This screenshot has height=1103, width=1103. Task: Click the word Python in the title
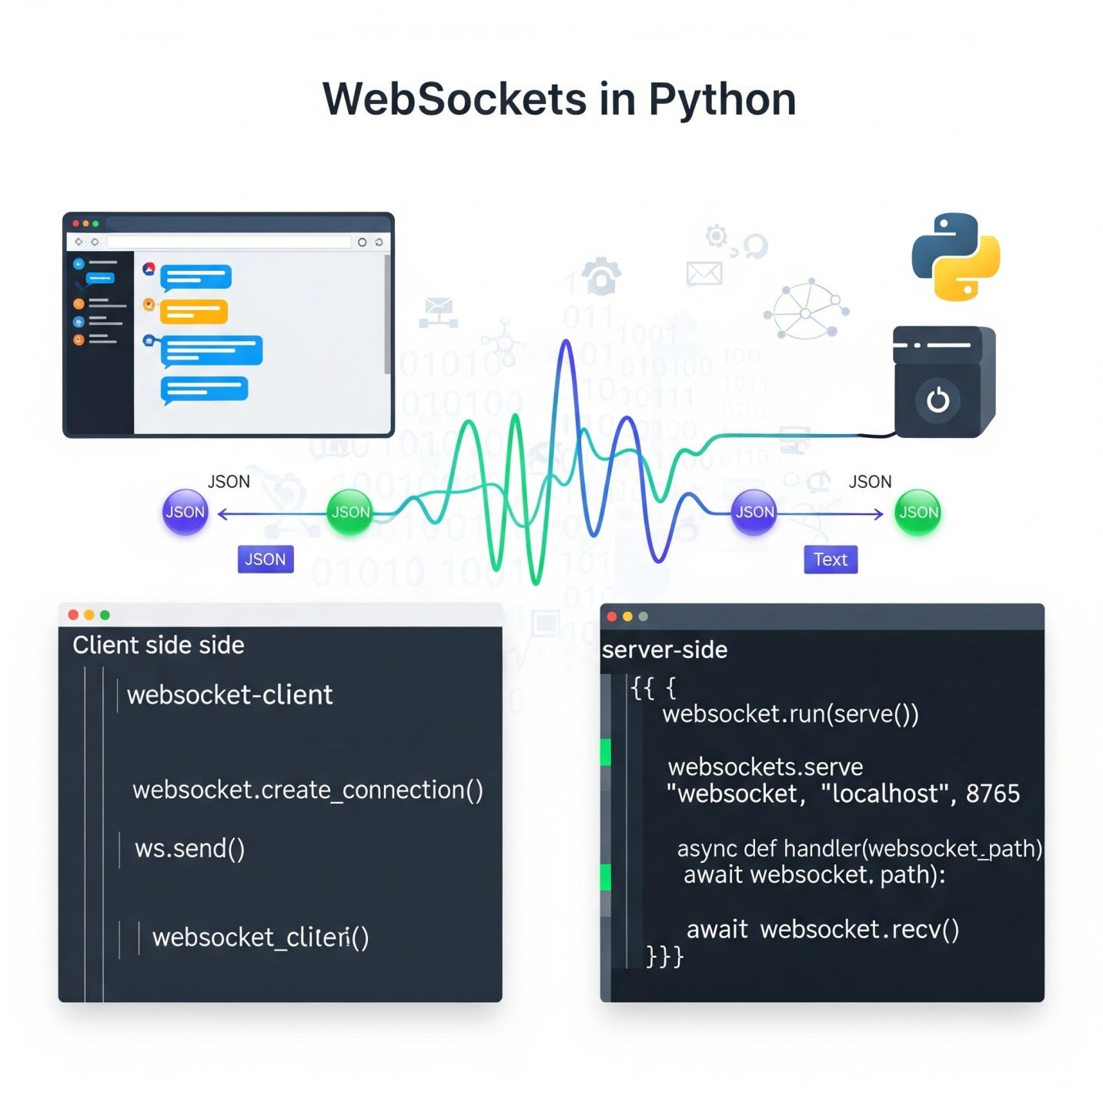click(x=721, y=100)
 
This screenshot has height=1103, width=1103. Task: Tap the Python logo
click(x=955, y=256)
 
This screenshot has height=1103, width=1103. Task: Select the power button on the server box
click(x=938, y=400)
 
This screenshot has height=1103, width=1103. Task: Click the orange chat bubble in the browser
click(x=193, y=312)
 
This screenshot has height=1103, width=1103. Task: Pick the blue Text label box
click(x=830, y=560)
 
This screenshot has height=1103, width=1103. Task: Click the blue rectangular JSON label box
click(x=265, y=560)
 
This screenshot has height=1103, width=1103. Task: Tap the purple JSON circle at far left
click(x=185, y=512)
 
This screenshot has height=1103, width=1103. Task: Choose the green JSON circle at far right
click(x=917, y=512)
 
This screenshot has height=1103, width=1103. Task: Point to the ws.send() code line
click(x=189, y=848)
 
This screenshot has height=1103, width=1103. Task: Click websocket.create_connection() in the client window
click(x=307, y=790)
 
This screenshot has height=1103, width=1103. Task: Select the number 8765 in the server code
click(x=992, y=794)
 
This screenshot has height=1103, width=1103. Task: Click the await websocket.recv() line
click(x=822, y=930)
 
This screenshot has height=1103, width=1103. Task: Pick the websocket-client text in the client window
click(x=229, y=695)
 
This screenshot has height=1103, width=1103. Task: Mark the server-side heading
click(x=664, y=650)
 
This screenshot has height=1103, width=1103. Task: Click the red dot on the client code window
click(x=73, y=615)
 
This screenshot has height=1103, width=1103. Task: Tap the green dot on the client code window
click(x=105, y=615)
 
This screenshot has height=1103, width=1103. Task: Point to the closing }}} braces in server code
click(x=664, y=957)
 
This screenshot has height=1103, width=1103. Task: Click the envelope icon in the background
click(x=704, y=273)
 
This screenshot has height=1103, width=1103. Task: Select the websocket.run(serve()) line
click(x=790, y=714)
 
